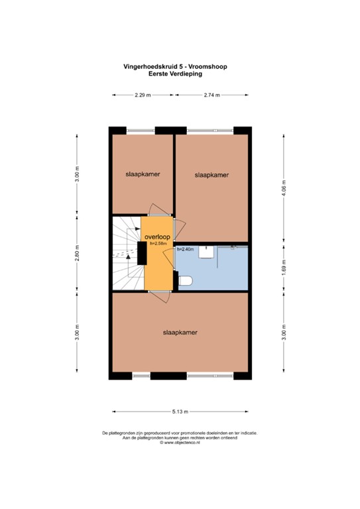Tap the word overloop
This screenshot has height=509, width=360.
pos(157,237)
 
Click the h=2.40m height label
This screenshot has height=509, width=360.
pos(185,249)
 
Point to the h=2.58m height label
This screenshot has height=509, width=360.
pos(157,243)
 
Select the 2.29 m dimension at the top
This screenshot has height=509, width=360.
pos(143,95)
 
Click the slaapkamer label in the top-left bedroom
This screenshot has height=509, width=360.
pos(143,174)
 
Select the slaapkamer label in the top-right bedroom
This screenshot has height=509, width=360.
pos(212,176)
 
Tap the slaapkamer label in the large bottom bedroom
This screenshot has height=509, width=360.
pos(180,332)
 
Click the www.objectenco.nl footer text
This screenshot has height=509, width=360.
pos(180,443)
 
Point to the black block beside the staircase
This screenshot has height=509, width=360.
pos(141,254)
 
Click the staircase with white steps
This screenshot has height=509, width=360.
pos(125,254)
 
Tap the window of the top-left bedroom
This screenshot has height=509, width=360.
pos(141,129)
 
